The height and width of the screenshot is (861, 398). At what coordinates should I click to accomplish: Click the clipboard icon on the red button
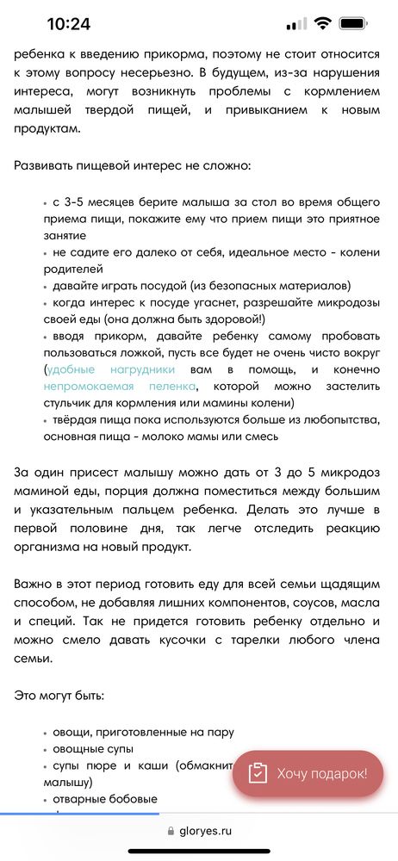click(x=258, y=773)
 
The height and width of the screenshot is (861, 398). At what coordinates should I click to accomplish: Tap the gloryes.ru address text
click(x=207, y=831)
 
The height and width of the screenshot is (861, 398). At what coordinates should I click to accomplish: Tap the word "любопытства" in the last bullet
click(x=332, y=419)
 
